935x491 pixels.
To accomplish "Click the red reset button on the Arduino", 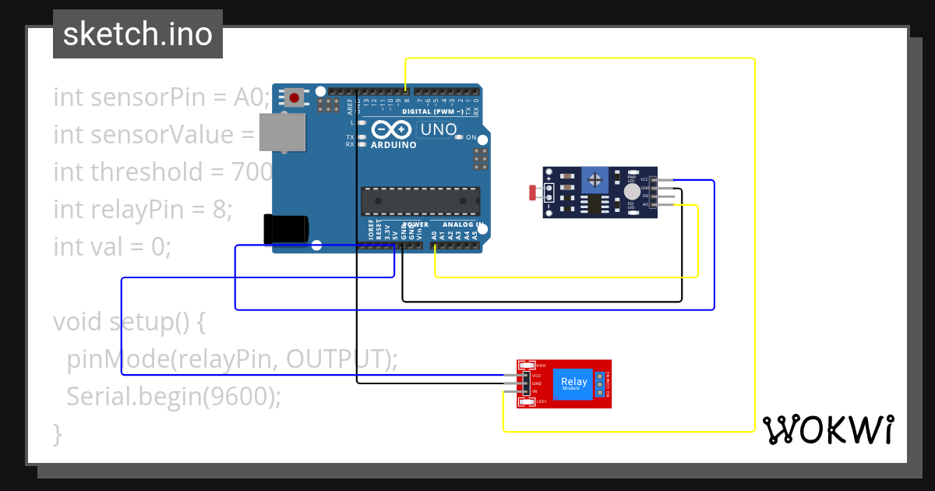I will [x=295, y=97].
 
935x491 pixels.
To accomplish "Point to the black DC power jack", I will [x=285, y=228].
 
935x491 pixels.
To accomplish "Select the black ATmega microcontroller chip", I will [x=420, y=200].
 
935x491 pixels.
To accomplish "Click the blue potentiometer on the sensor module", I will [x=595, y=181].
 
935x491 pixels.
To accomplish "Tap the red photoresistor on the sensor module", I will [x=535, y=192].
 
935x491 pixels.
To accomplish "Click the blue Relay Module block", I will [x=575, y=383].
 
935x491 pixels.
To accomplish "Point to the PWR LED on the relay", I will [x=527, y=366].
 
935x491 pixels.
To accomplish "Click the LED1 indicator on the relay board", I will [x=527, y=401].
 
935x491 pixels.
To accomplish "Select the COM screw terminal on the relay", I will [x=600, y=383].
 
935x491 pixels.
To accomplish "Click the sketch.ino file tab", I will [x=138, y=34].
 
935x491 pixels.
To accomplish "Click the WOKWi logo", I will [x=827, y=429].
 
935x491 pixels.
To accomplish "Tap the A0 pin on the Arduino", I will [x=434, y=245].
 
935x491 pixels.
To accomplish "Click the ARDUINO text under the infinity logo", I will [x=393, y=145].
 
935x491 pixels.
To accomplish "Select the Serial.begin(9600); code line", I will [x=173, y=397].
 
